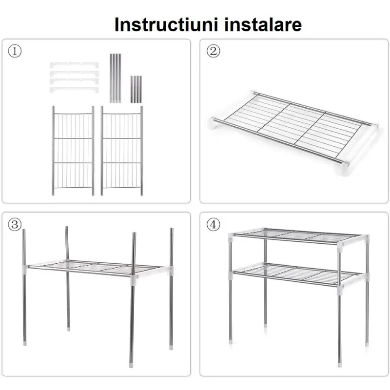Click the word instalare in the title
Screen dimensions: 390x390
pyautogui.click(x=263, y=24)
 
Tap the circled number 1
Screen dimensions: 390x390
pyautogui.click(x=15, y=51)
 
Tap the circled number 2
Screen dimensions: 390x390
pyautogui.click(x=213, y=51)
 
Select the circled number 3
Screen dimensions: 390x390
pyautogui.click(x=15, y=224)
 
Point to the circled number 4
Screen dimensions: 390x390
pyautogui.click(x=213, y=224)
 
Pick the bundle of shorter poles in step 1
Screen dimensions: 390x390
pyautogui.click(x=136, y=89)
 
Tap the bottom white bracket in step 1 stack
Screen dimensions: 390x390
pyautogui.click(x=74, y=89)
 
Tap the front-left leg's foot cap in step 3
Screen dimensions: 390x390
pyautogui.click(x=25, y=343)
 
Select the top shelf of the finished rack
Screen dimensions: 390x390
pyautogui.click(x=297, y=235)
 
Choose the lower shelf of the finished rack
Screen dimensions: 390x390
pyautogui.click(x=297, y=274)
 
